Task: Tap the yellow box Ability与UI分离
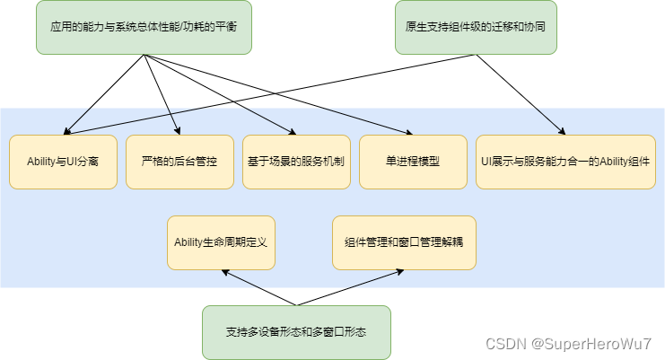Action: tap(63, 162)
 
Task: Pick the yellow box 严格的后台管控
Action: tap(179, 162)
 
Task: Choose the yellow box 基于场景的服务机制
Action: tap(296, 162)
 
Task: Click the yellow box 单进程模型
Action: tap(413, 162)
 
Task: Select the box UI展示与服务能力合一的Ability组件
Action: tap(565, 162)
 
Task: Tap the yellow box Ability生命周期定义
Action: tap(221, 242)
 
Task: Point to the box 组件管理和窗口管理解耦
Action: tap(404, 242)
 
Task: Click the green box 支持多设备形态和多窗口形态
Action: tap(296, 332)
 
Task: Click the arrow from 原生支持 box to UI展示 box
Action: tap(521, 94)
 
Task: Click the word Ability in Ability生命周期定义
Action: tap(192, 242)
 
